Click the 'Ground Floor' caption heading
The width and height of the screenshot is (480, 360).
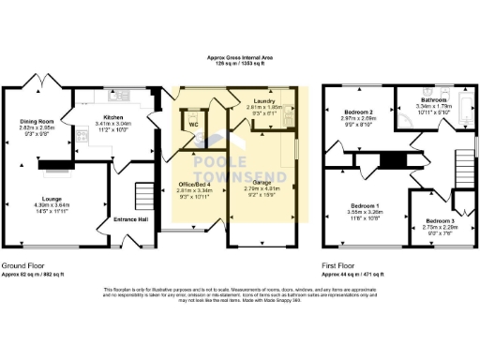[19, 265]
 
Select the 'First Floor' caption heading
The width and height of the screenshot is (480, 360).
[339, 265]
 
